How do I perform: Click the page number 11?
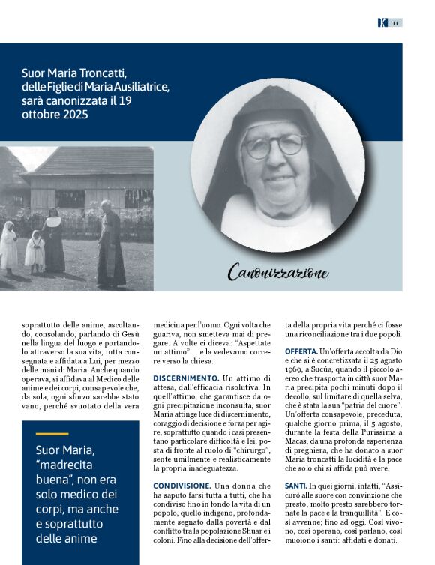(x=394, y=23)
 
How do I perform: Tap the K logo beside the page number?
(x=382, y=23)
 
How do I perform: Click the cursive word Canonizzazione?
(x=277, y=272)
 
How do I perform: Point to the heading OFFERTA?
(x=301, y=351)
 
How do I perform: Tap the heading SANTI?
(x=295, y=486)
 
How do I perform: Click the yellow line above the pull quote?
(x=52, y=434)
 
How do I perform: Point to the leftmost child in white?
(x=8, y=247)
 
